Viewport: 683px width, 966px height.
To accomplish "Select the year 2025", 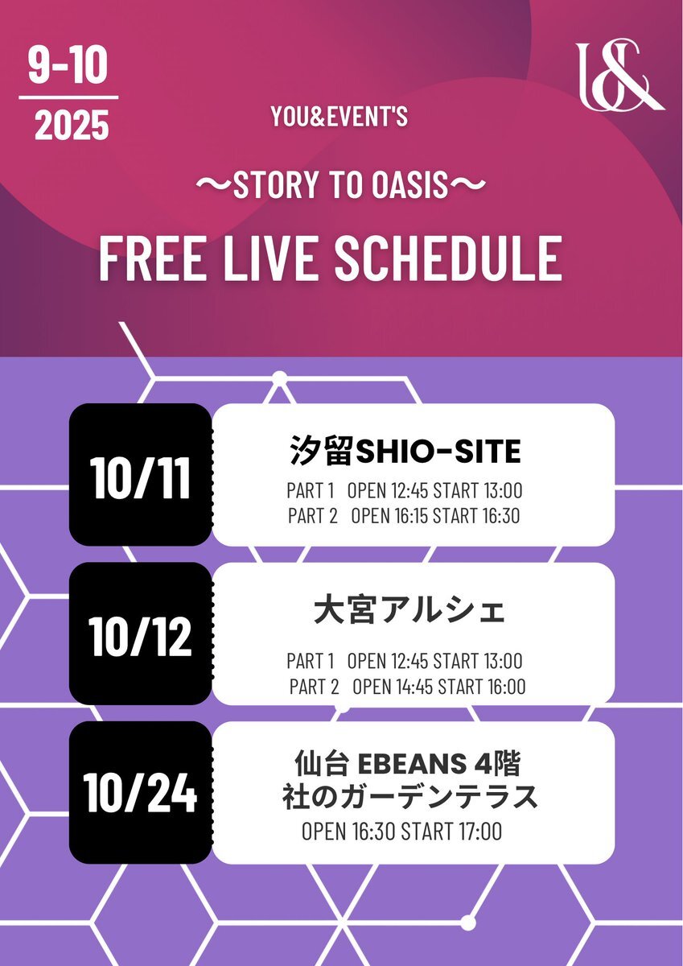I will pos(72,126).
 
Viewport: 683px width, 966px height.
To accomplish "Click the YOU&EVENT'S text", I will pos(339,118).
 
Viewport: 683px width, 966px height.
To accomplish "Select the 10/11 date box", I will pos(141,478).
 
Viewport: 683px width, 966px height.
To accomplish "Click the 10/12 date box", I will pos(141,637).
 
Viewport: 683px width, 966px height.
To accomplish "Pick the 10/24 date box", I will pos(141,794).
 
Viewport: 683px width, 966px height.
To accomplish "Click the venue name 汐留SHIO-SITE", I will pos(405,452).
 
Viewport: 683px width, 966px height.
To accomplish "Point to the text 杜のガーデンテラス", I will pos(409,797).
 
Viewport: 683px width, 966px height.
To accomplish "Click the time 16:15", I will pos(409,516).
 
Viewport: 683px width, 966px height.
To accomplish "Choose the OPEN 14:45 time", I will pos(392,687).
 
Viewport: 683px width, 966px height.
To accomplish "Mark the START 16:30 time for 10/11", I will pos(476,516).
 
